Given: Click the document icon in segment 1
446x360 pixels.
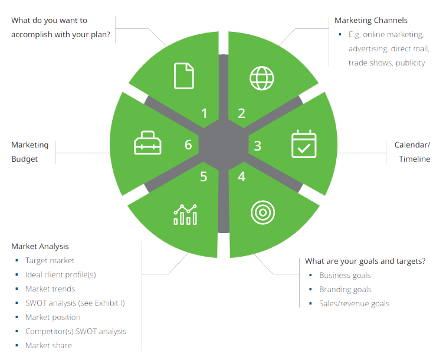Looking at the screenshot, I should click(x=183, y=76).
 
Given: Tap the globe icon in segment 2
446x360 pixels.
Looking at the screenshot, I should click(x=261, y=77).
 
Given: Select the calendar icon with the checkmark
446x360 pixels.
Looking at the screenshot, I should click(x=304, y=145).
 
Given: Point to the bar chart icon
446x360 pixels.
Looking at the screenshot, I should click(x=185, y=215).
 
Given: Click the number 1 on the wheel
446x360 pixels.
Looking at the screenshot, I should click(x=204, y=113).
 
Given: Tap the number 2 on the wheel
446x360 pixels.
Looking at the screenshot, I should click(x=241, y=113).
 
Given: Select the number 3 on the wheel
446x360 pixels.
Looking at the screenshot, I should click(x=257, y=145).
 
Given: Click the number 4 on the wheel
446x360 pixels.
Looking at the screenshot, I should click(x=241, y=176).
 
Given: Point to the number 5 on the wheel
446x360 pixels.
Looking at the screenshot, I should click(x=204, y=176).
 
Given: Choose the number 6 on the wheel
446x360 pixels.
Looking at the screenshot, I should click(x=188, y=145).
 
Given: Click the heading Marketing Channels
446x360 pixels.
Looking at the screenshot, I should click(x=370, y=21).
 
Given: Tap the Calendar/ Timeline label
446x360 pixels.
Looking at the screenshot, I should click(x=413, y=152).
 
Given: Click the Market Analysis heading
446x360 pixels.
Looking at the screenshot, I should click(x=40, y=246).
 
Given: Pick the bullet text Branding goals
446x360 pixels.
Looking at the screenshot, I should click(x=345, y=289).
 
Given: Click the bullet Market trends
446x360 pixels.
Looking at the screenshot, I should click(x=50, y=289).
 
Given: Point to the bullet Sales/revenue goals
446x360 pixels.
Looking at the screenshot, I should click(x=354, y=303).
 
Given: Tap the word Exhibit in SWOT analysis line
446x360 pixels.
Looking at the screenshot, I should click(x=102, y=303).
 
